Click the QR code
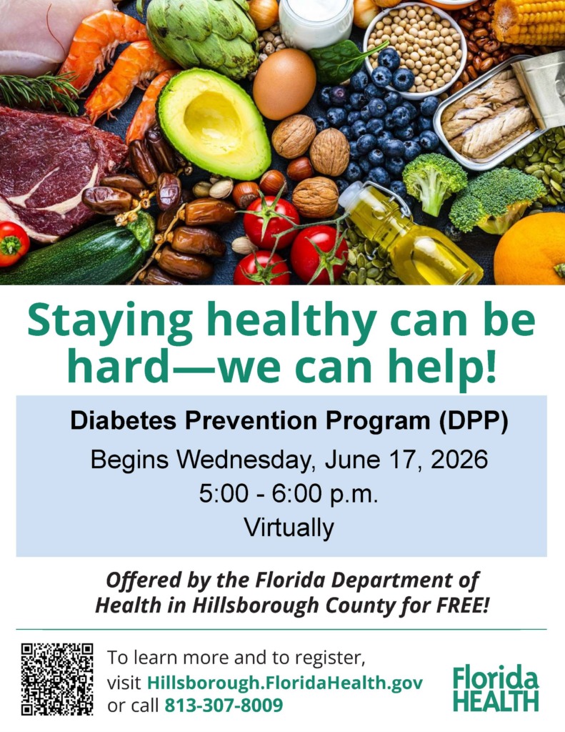click(x=57, y=679)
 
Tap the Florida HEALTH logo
click(x=496, y=688)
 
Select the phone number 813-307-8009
click(x=224, y=705)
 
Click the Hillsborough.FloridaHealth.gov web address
click(x=285, y=683)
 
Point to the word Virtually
click(x=289, y=528)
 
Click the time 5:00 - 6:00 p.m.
click(x=289, y=493)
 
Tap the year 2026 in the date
click(x=459, y=460)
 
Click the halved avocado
click(x=214, y=124)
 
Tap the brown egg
click(x=284, y=84)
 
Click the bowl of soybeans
click(x=414, y=50)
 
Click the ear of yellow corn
click(x=528, y=21)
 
